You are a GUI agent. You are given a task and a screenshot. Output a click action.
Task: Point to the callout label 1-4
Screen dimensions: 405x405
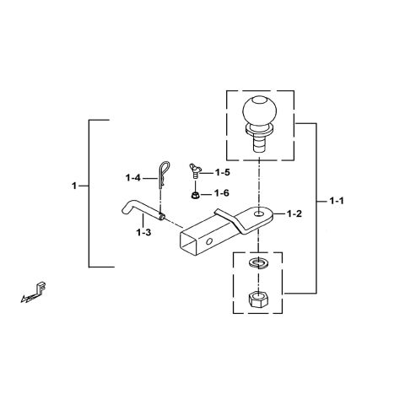click(133, 177)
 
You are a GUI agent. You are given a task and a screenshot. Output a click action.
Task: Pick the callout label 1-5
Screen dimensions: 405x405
click(222, 172)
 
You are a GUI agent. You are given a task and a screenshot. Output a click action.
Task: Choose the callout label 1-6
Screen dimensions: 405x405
click(222, 193)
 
